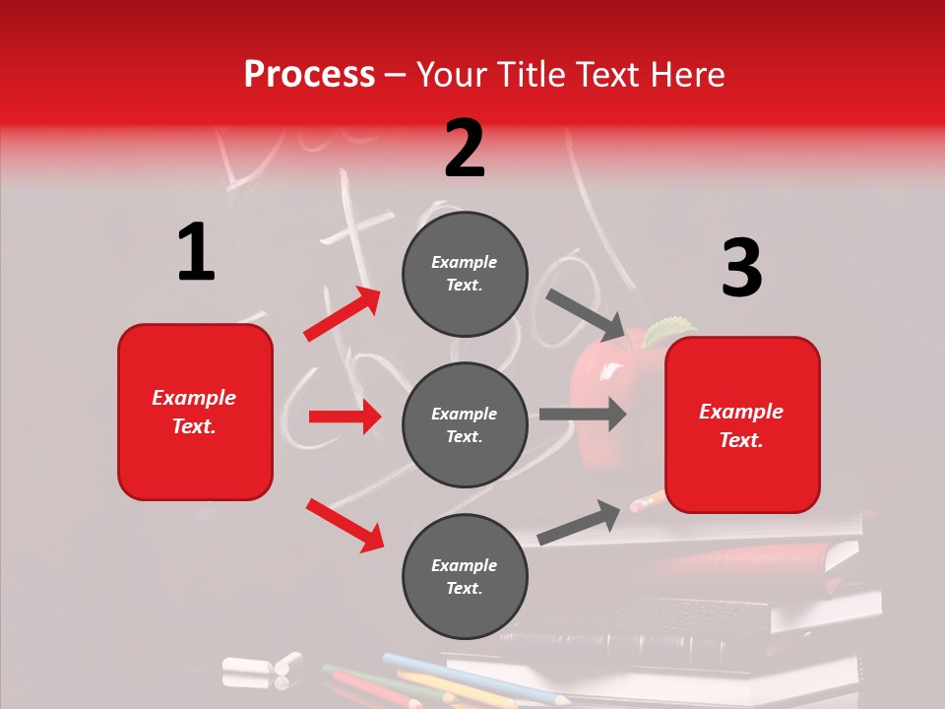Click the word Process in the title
pyautogui.click(x=309, y=75)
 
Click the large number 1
pyautogui.click(x=196, y=253)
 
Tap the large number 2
pyautogui.click(x=465, y=149)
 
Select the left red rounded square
pyautogui.click(x=195, y=412)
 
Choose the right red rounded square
pyautogui.click(x=742, y=425)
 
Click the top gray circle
pyautogui.click(x=465, y=274)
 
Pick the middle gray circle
pyautogui.click(x=465, y=425)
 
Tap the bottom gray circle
pyautogui.click(x=465, y=577)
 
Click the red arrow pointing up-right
pyautogui.click(x=343, y=314)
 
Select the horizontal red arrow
pyautogui.click(x=345, y=417)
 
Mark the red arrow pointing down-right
pyautogui.click(x=345, y=525)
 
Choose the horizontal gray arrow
pyautogui.click(x=583, y=414)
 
